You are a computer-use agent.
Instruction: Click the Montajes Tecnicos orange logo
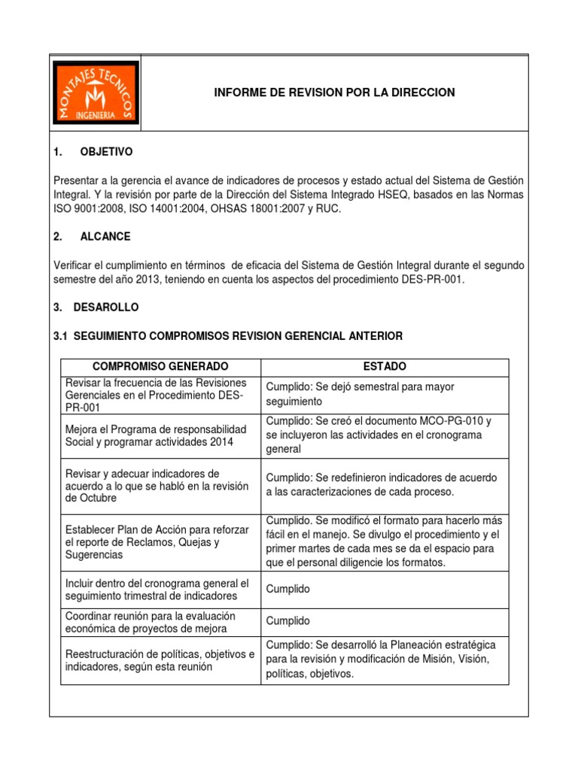pyautogui.click(x=96, y=92)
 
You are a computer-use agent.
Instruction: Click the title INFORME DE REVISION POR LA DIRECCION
pyautogui.click(x=335, y=92)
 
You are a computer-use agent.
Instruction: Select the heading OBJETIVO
pyautogui.click(x=105, y=152)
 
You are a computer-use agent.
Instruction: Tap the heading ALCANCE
pyautogui.click(x=105, y=236)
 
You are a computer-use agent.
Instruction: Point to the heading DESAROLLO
pyautogui.click(x=105, y=308)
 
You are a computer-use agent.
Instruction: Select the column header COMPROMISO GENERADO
pyautogui.click(x=160, y=366)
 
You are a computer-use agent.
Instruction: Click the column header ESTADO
pyautogui.click(x=385, y=366)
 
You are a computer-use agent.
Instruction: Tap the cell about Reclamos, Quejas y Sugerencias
pyautogui.click(x=160, y=542)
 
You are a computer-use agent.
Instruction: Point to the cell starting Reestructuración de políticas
pyautogui.click(x=160, y=660)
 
